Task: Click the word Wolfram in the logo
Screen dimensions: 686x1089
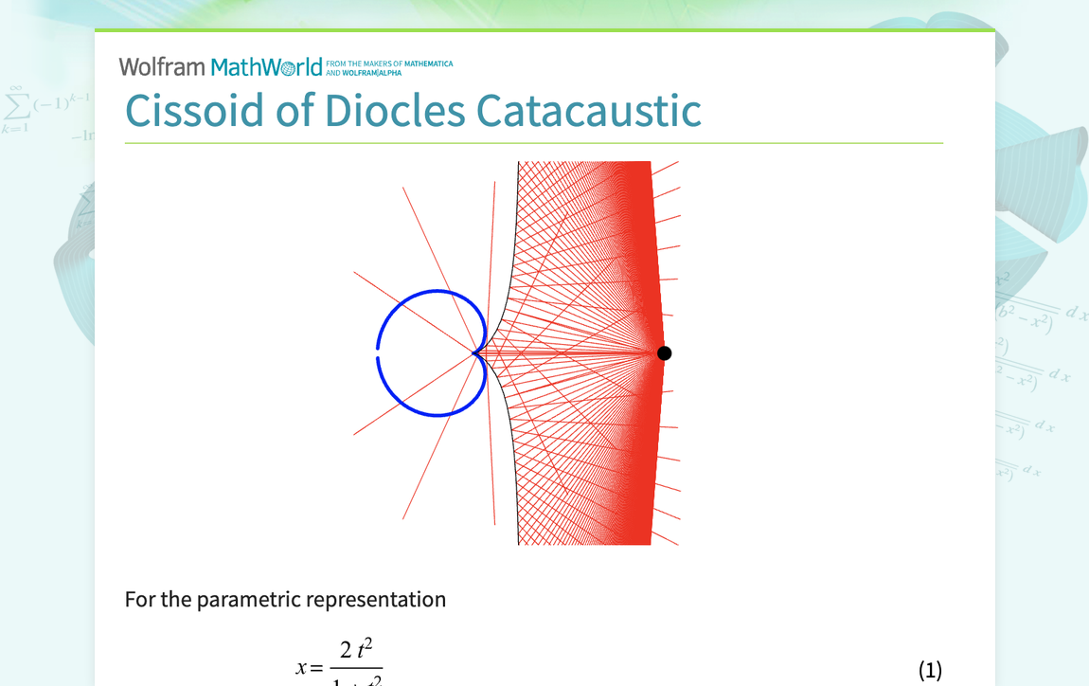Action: (x=162, y=67)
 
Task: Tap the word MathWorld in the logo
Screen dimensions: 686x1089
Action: (x=266, y=67)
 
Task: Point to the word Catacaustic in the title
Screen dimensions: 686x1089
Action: (x=588, y=111)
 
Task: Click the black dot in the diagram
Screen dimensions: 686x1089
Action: (x=665, y=353)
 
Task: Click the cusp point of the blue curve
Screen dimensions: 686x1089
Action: (x=474, y=353)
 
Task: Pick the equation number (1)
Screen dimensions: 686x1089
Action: (x=930, y=670)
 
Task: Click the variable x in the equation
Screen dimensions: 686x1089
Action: (x=302, y=668)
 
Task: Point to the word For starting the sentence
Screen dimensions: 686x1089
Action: (x=140, y=600)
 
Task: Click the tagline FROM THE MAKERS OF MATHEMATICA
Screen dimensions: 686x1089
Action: (x=389, y=64)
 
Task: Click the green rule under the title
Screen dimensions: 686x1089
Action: (x=533, y=143)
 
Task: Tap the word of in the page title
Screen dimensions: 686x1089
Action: (x=294, y=111)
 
